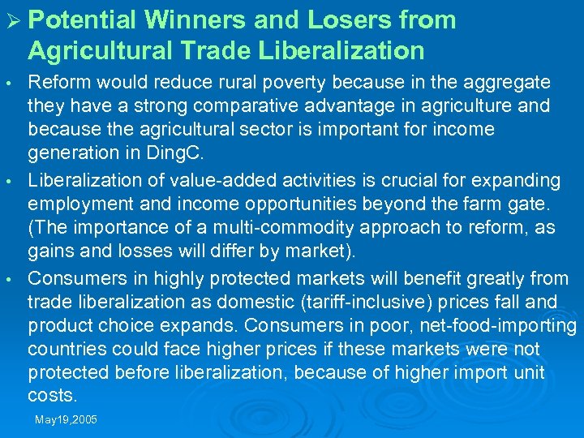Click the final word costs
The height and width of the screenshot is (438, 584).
pyautogui.click(x=52, y=395)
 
